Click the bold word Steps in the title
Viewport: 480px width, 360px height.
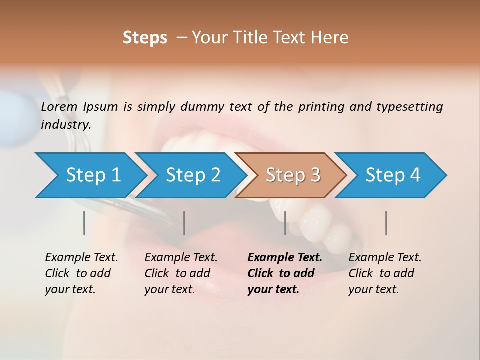click(x=145, y=38)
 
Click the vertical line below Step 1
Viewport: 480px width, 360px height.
click(x=84, y=223)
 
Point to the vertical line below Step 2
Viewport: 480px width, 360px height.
click(x=184, y=223)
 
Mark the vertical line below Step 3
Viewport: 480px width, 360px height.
click(x=285, y=223)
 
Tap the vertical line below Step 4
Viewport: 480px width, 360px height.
click(x=386, y=223)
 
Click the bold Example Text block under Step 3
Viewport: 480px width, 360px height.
click(x=285, y=273)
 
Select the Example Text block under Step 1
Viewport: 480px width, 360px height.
click(x=81, y=273)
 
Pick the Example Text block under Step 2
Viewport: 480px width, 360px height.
click(x=181, y=273)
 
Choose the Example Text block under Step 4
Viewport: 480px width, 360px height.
click(x=385, y=273)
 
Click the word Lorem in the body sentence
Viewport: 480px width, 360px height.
click(x=59, y=106)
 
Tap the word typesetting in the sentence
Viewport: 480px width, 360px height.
click(x=409, y=107)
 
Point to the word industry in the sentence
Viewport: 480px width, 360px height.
click(x=65, y=125)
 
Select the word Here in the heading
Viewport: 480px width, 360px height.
click(x=332, y=38)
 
